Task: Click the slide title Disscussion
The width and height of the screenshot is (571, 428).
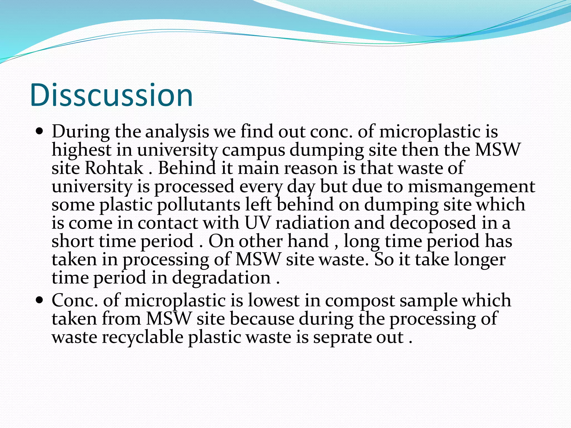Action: pos(111,95)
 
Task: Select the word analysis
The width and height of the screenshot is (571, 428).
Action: pos(177,132)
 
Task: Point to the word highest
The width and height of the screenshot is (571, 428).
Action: pos(81,150)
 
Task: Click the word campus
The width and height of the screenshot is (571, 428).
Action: pos(253,150)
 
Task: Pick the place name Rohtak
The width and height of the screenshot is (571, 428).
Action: pos(114,168)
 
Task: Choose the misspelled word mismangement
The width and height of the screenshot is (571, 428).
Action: pos(471,186)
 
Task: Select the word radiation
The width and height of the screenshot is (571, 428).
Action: pos(313,223)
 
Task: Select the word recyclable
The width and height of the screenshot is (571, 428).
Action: pos(142,337)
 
